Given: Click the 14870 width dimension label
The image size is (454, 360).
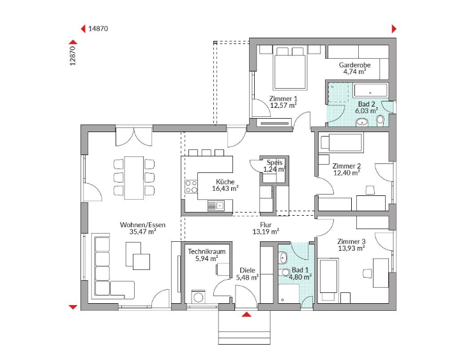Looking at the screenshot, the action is click(x=98, y=29).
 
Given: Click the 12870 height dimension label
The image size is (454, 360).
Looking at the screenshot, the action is click(x=73, y=56).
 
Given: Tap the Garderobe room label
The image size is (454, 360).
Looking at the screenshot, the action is click(x=354, y=65).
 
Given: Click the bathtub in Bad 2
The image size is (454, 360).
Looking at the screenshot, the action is click(x=370, y=90).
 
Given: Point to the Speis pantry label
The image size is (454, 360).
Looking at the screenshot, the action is click(x=275, y=162).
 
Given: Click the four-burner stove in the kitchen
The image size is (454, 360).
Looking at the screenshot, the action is click(x=191, y=186).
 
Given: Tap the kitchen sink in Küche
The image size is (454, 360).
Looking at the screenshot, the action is click(x=216, y=206).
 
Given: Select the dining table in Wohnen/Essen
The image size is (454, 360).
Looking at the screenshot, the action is click(x=134, y=178).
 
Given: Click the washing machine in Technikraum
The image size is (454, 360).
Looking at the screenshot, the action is click(x=199, y=297).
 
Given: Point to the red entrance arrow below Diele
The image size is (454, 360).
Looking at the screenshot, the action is click(x=246, y=314).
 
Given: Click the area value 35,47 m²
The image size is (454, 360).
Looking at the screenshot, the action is click(x=143, y=232).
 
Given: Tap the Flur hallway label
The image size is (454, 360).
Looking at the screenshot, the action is click(x=266, y=225).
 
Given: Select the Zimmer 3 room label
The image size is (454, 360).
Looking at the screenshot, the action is click(x=351, y=241).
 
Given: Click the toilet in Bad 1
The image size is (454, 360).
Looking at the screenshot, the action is click(x=285, y=273).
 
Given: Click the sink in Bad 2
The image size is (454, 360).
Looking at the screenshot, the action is click(x=361, y=122).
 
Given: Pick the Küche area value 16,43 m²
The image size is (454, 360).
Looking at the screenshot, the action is click(x=225, y=189).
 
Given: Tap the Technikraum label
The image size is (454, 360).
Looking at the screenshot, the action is click(x=207, y=251).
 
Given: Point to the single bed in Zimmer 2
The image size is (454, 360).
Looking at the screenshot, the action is click(x=340, y=143).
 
